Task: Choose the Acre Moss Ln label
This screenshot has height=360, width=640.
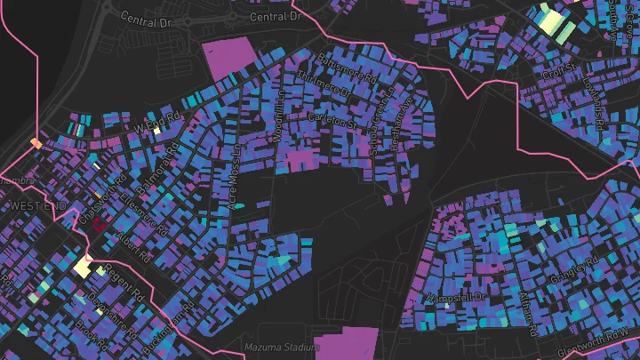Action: pyautogui.click(x=235, y=179)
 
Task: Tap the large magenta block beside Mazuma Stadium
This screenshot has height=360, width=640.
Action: pyautogui.click(x=348, y=343)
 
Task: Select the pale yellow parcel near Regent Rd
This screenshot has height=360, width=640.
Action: pyautogui.click(x=84, y=265)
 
